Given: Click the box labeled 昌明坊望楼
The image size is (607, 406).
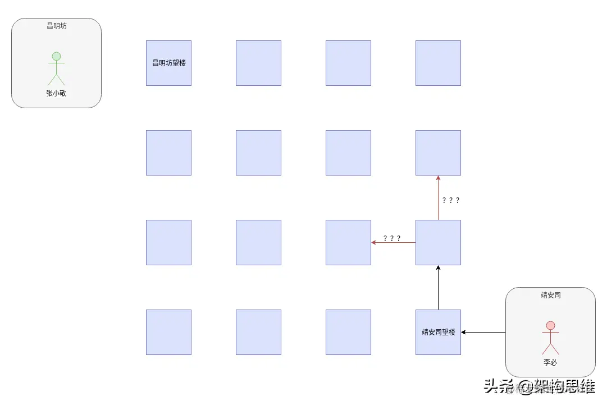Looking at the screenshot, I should (x=168, y=63).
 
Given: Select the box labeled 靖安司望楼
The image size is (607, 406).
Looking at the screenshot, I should (x=438, y=332).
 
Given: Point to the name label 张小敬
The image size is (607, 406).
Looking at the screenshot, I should (x=56, y=94).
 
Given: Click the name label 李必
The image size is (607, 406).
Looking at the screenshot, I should (x=550, y=363).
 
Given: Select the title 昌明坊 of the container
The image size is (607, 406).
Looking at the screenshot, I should (x=56, y=26).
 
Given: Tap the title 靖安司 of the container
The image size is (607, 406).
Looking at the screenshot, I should (x=550, y=295).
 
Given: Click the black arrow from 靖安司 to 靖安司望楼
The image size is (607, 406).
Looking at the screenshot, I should (x=483, y=332).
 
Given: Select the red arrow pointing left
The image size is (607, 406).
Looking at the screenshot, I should (x=393, y=242).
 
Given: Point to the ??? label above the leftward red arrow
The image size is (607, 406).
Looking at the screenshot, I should (x=392, y=238).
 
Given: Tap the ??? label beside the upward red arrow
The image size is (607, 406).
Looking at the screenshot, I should (x=451, y=200).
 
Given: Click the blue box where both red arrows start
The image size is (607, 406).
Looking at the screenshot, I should (x=438, y=242).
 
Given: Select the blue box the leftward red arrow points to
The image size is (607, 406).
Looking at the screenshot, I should (x=348, y=242).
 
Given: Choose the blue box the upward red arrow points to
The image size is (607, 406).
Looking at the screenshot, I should (x=438, y=153).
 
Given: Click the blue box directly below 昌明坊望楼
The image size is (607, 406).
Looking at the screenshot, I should (x=168, y=153).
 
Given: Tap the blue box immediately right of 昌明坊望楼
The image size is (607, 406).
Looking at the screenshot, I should (x=258, y=63).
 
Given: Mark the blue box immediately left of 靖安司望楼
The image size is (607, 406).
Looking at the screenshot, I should (x=348, y=332).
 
